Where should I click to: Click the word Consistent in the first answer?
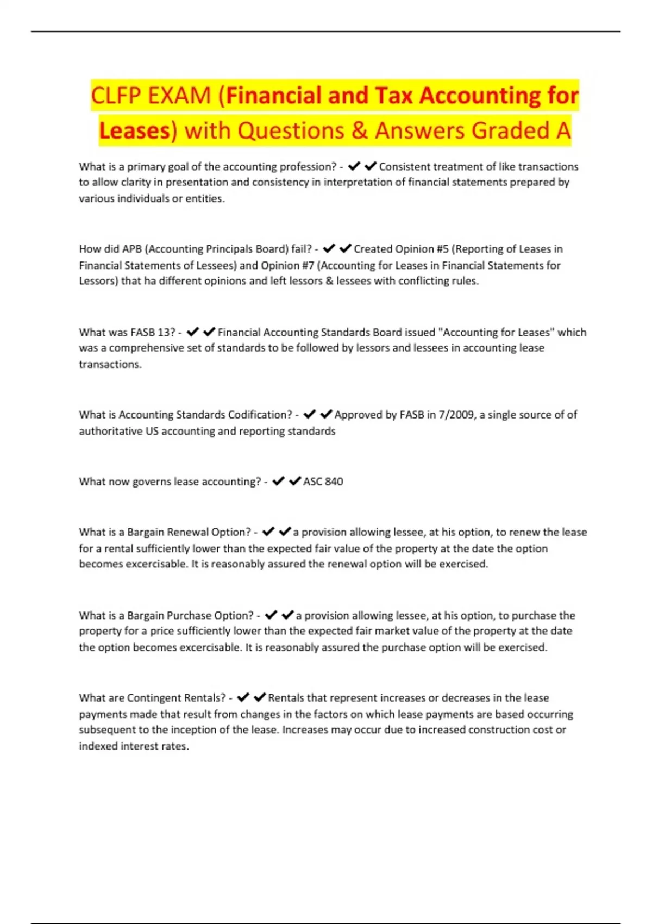[x=404, y=167]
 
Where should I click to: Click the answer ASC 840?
[x=323, y=482]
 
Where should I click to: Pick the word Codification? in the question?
[x=260, y=415]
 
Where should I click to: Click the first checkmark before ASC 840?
[x=278, y=481]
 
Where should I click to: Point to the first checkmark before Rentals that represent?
[x=243, y=697]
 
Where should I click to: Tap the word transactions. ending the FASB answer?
[x=110, y=364]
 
